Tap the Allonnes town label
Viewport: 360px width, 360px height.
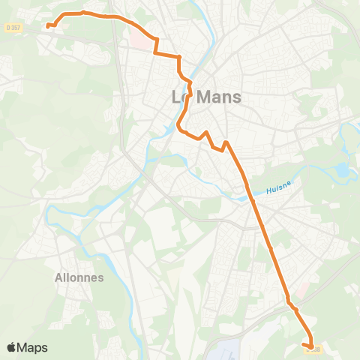[x=79, y=277]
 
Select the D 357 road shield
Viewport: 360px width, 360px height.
[x=10, y=27]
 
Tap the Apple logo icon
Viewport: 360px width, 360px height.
[x=12, y=347]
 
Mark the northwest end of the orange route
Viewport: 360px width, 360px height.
[x=48, y=25]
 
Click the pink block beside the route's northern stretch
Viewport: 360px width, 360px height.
[x=140, y=35]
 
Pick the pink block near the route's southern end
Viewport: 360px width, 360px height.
[x=302, y=288]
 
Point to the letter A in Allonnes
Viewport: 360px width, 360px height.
[x=59, y=277]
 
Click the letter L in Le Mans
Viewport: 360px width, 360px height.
[x=176, y=97]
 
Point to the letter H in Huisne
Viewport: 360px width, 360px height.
[x=268, y=188]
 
